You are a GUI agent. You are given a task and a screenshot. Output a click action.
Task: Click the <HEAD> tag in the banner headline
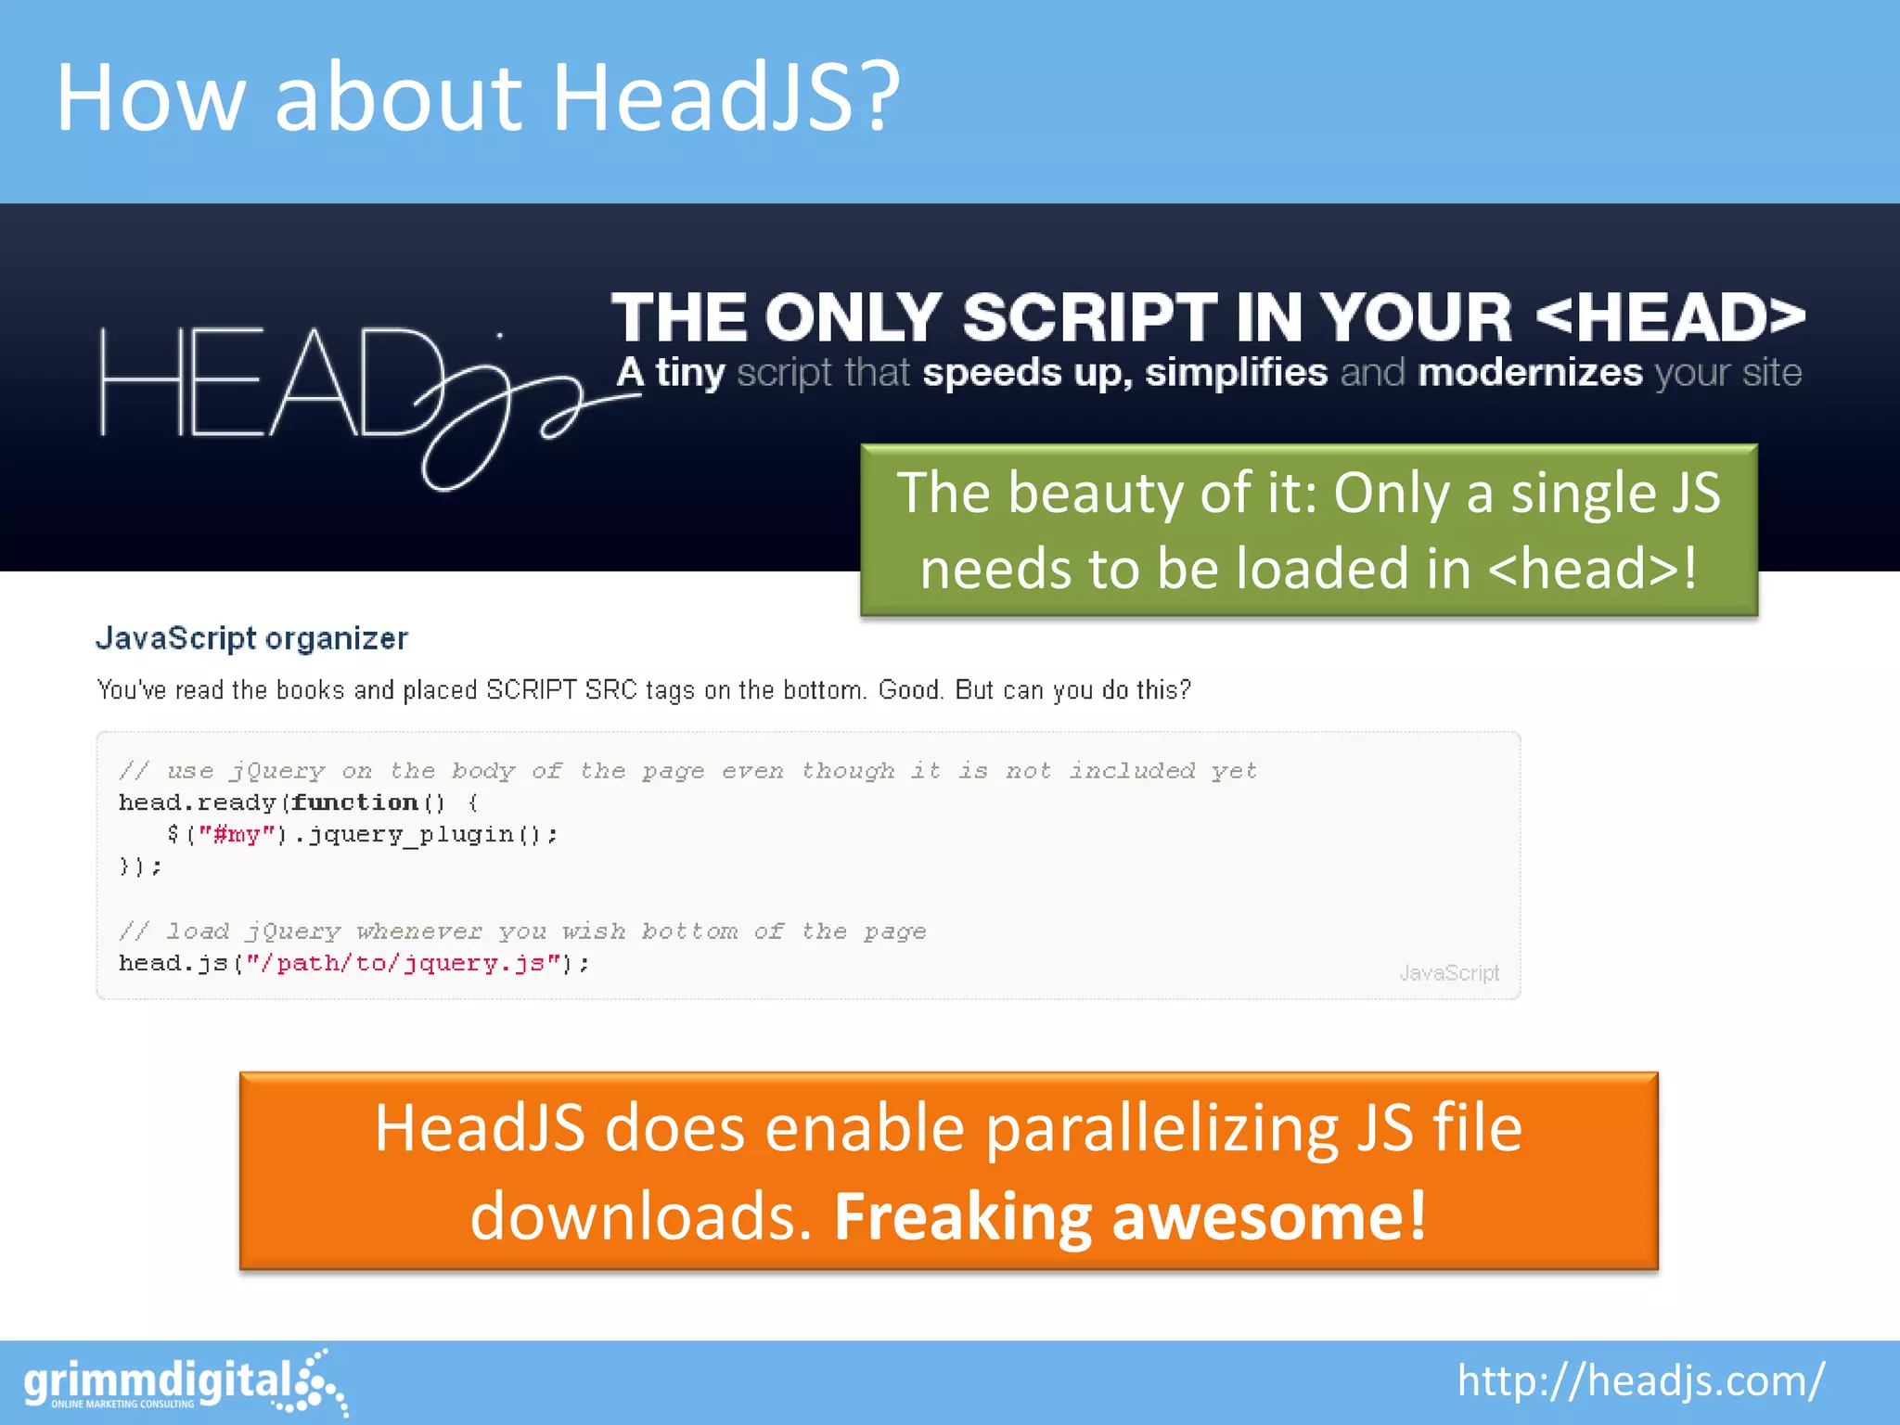coord(1670,318)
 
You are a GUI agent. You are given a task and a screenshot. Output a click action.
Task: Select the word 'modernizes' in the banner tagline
coord(1530,373)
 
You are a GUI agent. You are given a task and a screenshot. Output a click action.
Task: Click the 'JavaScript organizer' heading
coord(251,638)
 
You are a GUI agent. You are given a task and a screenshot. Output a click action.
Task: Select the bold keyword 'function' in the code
coord(354,802)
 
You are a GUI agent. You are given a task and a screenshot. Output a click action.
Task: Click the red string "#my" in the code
coord(237,835)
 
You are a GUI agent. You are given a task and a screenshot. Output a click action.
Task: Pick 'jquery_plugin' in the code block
coord(411,835)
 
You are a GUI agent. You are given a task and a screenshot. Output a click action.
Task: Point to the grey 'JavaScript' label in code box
coord(1448,973)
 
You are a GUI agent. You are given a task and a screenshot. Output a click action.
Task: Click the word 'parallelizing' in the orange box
coord(1162,1129)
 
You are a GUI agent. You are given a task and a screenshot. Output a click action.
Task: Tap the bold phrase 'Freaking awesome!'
coord(1130,1216)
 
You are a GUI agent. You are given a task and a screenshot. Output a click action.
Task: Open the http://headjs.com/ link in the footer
coord(1640,1380)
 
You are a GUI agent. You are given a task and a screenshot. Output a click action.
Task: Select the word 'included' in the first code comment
coord(1131,771)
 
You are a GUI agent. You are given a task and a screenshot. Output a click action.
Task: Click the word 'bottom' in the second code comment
coord(689,931)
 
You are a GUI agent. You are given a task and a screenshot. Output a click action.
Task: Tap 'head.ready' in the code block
coord(198,802)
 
